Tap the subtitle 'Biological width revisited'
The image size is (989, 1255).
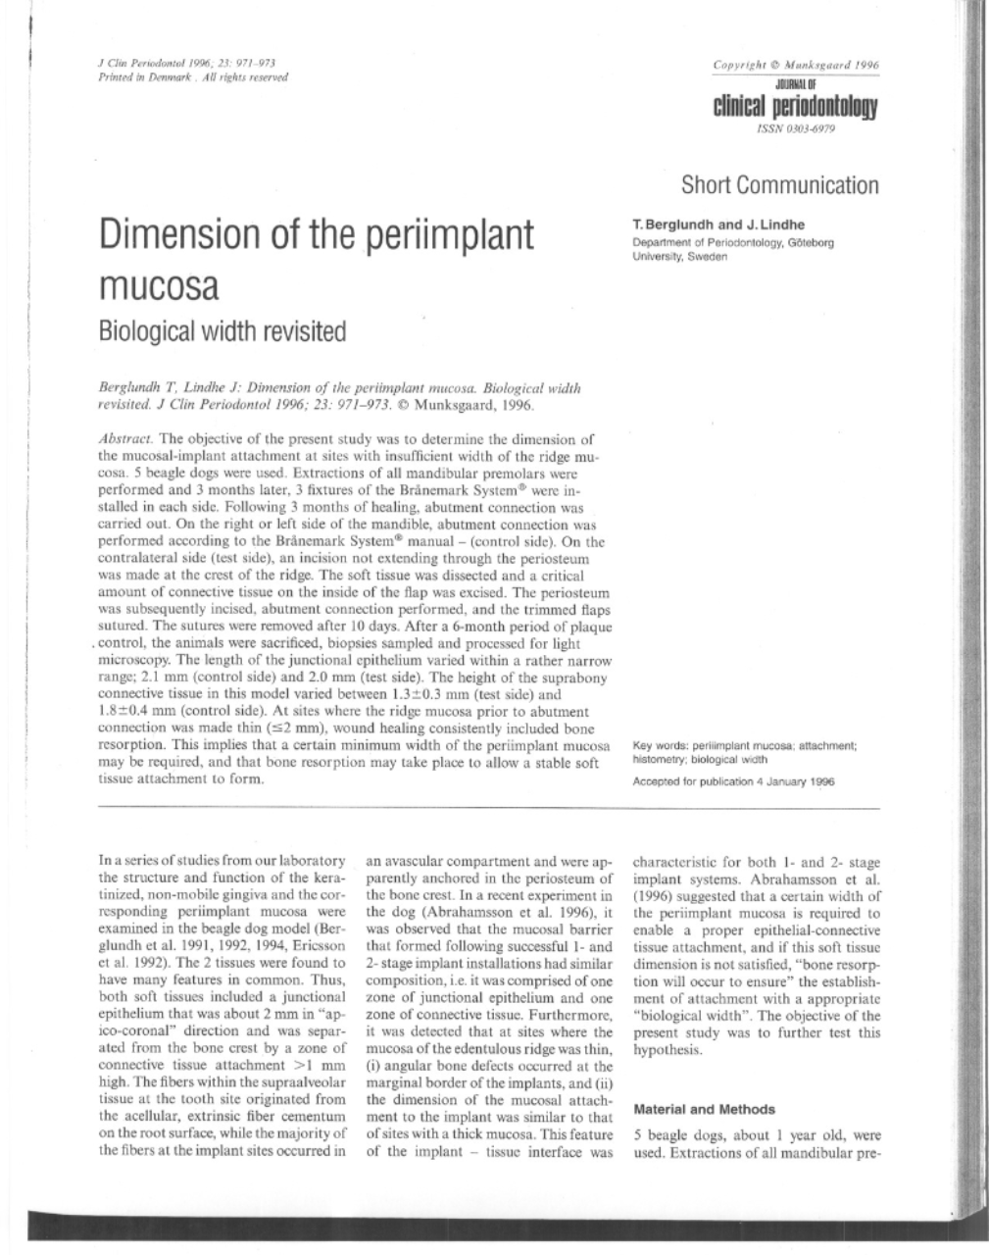coord(223,331)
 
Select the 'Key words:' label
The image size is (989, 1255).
coord(661,745)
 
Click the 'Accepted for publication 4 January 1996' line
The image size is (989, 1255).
coord(733,781)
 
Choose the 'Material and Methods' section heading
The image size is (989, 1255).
coord(704,1110)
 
